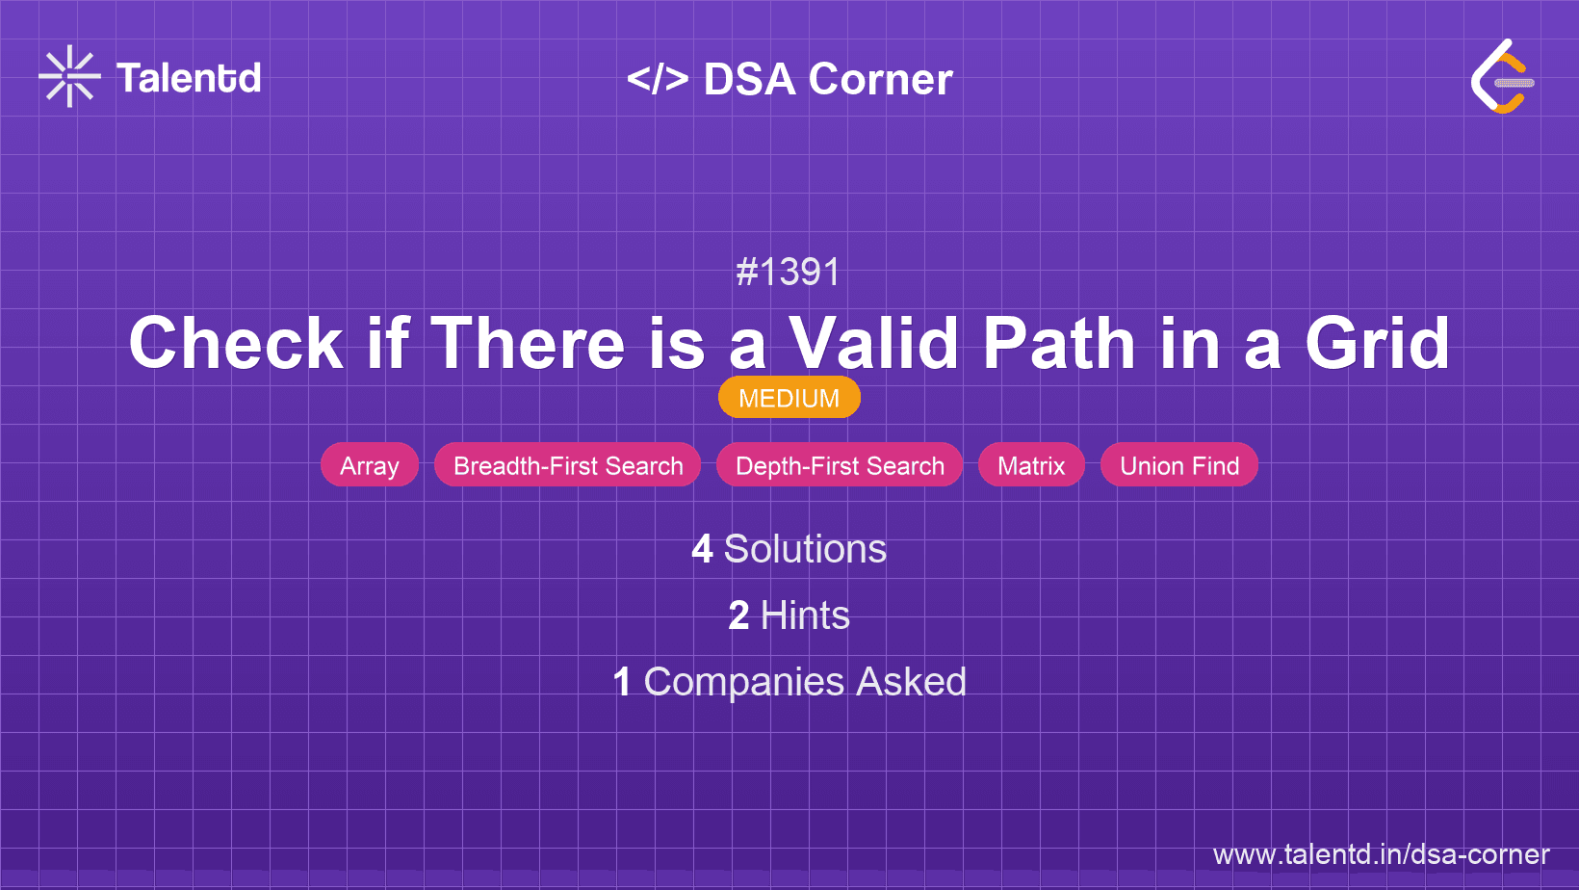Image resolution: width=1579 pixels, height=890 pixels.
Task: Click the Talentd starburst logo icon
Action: point(69,76)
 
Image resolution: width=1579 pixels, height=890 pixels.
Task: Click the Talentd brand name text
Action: point(189,78)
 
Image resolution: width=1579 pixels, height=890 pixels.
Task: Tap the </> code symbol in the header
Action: point(658,79)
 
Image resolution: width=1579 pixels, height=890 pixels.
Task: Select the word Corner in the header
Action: point(880,79)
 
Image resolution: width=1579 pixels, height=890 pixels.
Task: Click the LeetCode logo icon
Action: point(1502,77)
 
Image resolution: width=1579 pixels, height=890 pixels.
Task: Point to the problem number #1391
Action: point(789,272)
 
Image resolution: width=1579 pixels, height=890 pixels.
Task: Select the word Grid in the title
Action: point(1378,343)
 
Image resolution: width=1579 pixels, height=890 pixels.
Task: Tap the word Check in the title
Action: point(236,343)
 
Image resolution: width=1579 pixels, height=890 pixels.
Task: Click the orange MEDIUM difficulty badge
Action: point(789,398)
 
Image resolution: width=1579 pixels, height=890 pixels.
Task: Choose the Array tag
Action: point(370,465)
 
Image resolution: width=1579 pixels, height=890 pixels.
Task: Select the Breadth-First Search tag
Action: point(567,465)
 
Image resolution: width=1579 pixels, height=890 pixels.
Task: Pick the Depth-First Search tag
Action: point(840,465)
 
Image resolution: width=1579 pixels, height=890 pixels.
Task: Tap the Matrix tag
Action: point(1031,465)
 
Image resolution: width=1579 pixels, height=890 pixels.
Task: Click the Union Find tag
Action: point(1179,465)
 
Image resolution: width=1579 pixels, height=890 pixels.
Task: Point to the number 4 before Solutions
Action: point(702,549)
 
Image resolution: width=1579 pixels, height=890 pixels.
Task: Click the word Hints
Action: point(805,615)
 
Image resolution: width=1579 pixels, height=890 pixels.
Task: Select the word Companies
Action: point(743,682)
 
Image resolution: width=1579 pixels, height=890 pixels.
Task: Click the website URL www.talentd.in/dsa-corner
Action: point(1381,854)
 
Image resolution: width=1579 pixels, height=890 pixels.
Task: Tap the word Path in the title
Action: point(1059,343)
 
